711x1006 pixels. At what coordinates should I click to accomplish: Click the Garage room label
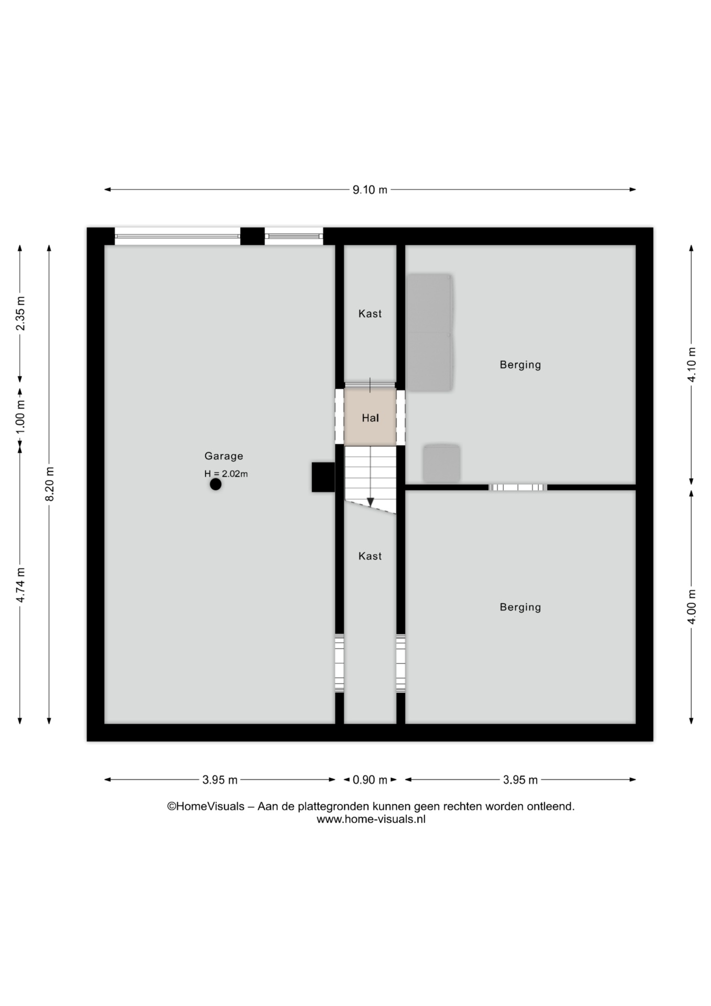224,456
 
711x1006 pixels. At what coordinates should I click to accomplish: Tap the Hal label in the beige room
370,418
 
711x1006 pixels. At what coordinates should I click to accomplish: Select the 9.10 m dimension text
370,190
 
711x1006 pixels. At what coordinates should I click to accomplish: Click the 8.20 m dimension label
50,484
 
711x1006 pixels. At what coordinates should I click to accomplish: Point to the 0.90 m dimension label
370,780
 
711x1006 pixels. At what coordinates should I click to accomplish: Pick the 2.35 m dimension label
20,313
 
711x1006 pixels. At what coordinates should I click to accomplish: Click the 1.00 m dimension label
20,417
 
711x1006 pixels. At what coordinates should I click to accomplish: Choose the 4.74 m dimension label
20,585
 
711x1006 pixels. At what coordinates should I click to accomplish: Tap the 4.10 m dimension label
692,365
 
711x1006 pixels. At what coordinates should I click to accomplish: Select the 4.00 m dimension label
692,607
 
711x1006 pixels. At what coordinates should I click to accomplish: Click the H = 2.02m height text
226,474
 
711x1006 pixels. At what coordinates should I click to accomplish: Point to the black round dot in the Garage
216,485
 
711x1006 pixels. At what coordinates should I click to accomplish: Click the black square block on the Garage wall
323,477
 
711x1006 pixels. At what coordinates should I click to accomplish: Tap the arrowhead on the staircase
371,502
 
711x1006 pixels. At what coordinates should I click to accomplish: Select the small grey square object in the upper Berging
441,463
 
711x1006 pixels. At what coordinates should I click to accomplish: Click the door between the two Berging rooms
518,487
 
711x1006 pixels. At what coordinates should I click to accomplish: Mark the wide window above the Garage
177,236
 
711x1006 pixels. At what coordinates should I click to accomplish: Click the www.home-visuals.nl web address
371,819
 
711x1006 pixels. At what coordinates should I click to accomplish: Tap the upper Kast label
370,314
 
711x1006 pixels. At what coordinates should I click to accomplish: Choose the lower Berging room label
520,607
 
